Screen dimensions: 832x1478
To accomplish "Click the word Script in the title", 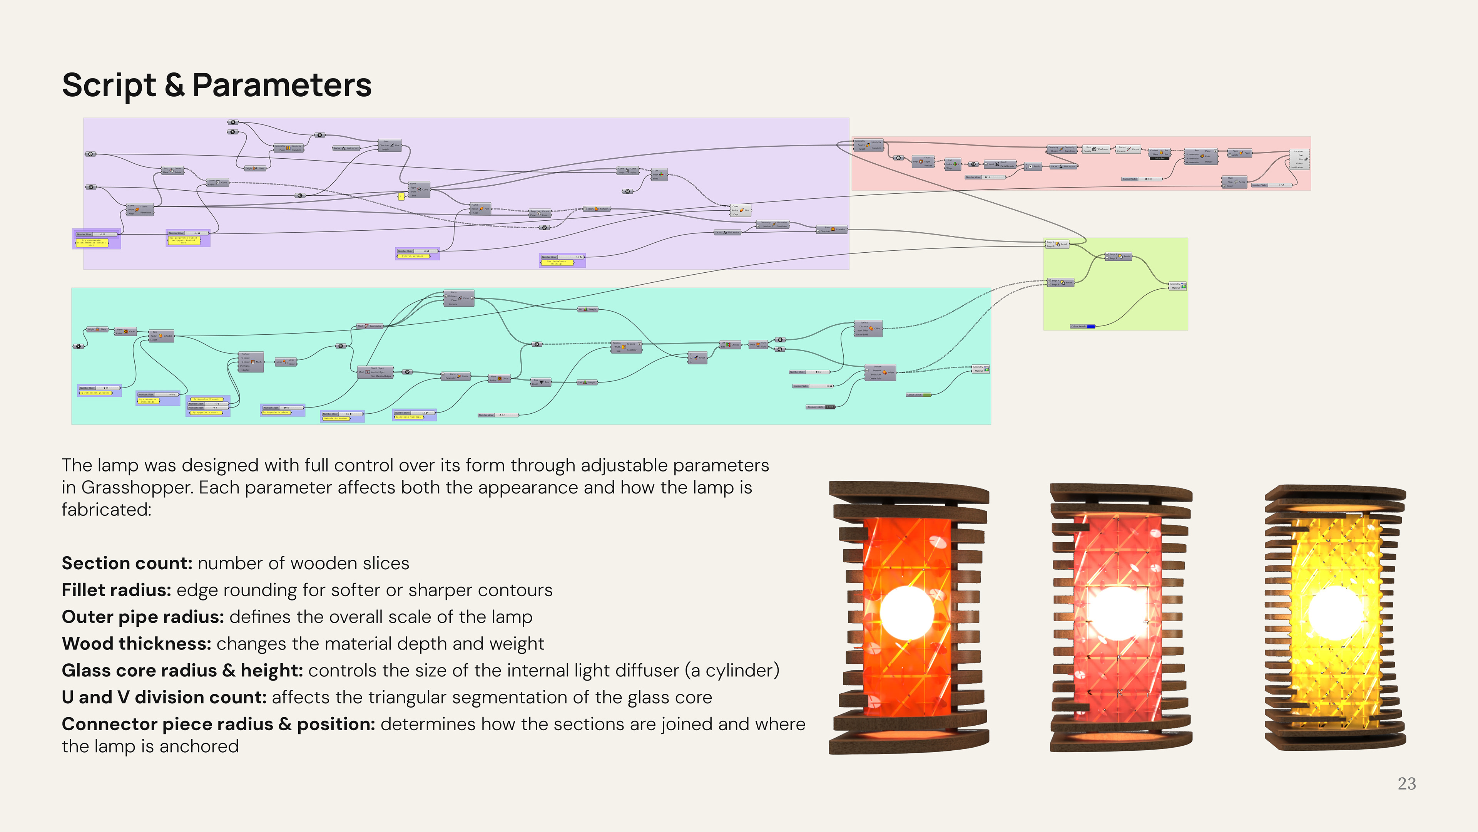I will point(109,86).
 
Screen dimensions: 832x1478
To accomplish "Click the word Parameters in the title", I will point(282,86).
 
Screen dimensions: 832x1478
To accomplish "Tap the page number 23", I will point(1406,784).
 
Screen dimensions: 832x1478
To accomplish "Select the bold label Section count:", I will point(127,563).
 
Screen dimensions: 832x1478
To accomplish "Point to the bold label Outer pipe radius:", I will point(143,617).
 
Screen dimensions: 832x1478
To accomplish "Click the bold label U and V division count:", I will point(164,697).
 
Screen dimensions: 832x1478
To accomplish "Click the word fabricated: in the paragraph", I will point(107,509).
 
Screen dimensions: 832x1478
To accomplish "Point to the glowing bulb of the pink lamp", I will point(1118,613).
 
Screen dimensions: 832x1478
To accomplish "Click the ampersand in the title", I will point(174,86).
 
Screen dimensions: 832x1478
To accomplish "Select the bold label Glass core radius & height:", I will point(182,670).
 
